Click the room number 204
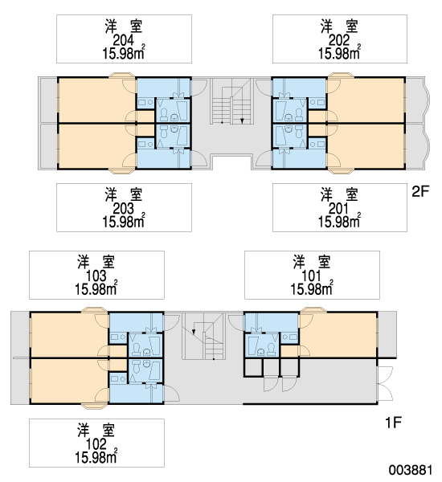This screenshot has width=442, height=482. point(123,40)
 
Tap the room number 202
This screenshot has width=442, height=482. point(339,40)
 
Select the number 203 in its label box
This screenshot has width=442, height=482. point(123,209)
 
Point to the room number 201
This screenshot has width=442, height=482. point(338,209)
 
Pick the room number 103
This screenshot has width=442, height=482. point(96,276)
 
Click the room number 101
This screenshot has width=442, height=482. point(311,276)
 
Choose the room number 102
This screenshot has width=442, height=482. point(96,444)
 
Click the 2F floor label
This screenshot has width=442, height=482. point(420,191)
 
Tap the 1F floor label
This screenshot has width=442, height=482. point(394,423)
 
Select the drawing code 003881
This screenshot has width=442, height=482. point(411,470)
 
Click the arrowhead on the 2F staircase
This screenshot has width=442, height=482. point(242,120)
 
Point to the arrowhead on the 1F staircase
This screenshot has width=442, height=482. point(194,331)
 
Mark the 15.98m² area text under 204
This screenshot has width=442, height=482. point(124,53)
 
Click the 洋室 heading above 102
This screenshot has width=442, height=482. point(96,430)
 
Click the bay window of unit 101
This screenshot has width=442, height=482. point(313,310)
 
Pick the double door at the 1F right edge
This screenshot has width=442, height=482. point(386,383)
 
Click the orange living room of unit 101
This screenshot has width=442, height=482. point(338,334)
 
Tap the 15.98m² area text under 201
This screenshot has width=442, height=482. point(340,222)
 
